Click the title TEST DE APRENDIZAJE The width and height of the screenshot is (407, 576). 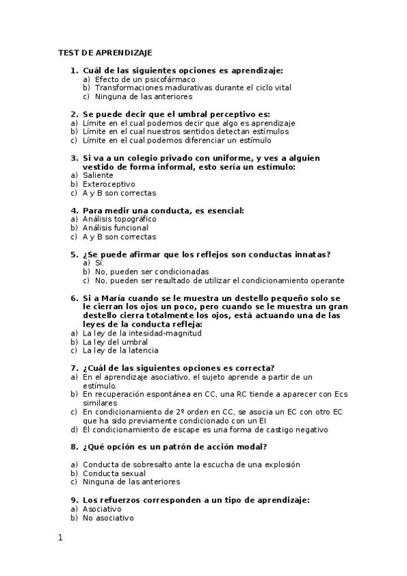pos(105,52)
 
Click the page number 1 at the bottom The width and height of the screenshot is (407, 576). pos(60,538)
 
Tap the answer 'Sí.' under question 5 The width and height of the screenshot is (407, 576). pos(99,263)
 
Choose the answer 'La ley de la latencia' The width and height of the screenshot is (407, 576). pos(120,350)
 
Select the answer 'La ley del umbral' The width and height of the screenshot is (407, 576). pos(115,342)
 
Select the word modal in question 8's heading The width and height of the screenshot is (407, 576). pos(253,447)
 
